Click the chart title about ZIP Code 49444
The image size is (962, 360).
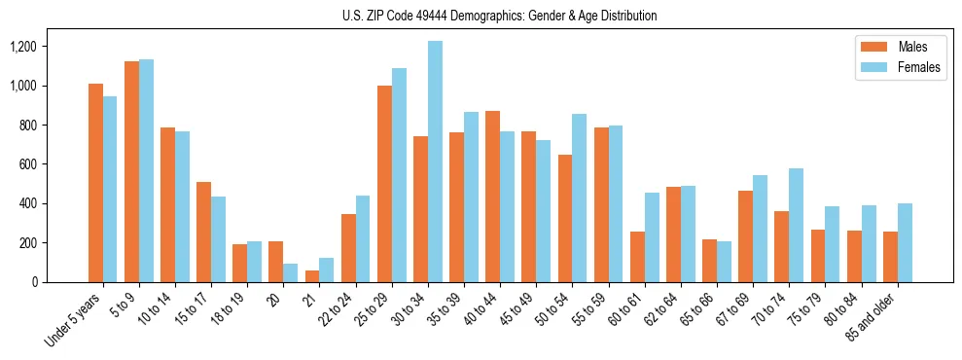(x=499, y=16)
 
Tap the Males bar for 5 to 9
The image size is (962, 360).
(x=131, y=171)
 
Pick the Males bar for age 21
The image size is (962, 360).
(x=312, y=276)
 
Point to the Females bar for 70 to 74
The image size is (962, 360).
(x=796, y=225)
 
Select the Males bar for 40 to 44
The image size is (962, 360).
(x=493, y=197)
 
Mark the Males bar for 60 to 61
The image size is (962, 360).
(x=637, y=257)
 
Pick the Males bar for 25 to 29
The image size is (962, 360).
(x=384, y=184)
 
